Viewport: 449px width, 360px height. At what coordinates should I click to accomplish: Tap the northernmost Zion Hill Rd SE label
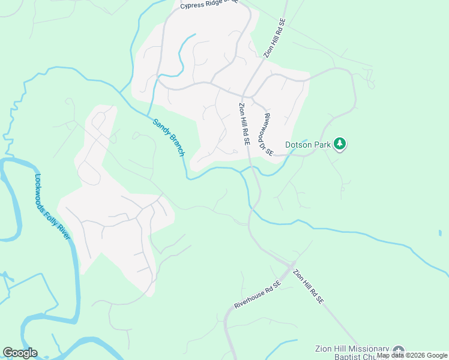276,37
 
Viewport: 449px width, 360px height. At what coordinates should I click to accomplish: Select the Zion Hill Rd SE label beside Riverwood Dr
244,124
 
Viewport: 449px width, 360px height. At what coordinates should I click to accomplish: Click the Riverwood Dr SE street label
268,135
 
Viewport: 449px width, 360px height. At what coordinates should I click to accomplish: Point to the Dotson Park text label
307,144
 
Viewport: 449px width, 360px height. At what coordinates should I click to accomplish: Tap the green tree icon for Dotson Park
340,143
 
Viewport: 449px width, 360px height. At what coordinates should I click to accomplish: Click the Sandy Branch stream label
169,137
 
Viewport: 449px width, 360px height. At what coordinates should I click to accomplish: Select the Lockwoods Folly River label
53,207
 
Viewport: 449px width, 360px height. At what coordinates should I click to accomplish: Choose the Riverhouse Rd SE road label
258,295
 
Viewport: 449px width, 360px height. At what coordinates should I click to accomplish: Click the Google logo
20,353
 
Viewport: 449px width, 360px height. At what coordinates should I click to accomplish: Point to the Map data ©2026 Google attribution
412,355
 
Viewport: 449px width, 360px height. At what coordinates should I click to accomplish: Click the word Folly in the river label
54,210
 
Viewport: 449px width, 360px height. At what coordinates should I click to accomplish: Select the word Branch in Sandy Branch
175,144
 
